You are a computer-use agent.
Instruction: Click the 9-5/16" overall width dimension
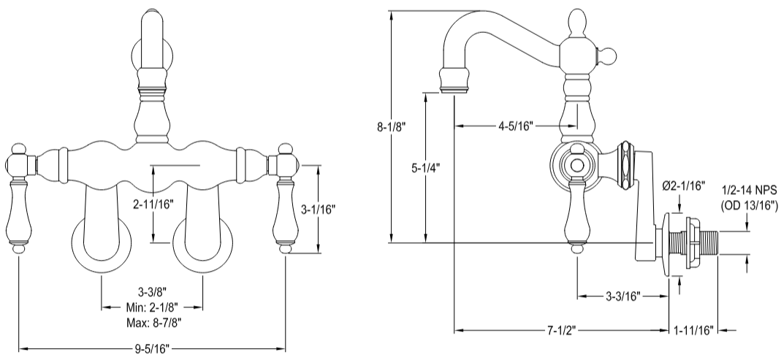tap(152, 349)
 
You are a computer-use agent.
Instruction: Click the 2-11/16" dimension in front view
tap(153, 204)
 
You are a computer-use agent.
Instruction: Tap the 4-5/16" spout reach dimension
tap(517, 126)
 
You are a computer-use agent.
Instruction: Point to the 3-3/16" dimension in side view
tap(622, 296)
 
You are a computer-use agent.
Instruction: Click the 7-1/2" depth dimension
tap(562, 330)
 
